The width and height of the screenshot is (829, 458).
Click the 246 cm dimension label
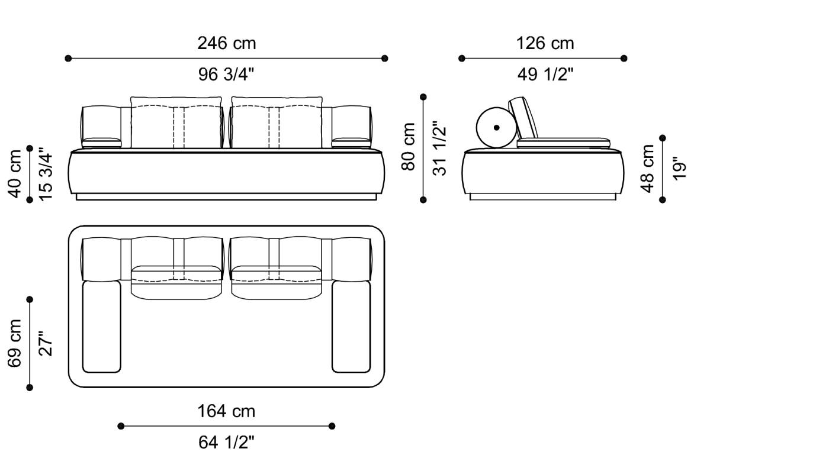[226, 43]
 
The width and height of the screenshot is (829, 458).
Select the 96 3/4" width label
[226, 75]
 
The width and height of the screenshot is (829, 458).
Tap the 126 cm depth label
[545, 43]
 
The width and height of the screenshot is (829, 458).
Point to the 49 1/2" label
[545, 75]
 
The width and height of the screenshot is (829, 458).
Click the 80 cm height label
[409, 147]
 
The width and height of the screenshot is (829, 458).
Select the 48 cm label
[648, 169]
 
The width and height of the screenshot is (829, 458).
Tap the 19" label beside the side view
[679, 169]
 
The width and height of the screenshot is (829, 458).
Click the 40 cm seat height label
[15, 173]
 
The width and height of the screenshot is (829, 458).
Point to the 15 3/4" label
[46, 174]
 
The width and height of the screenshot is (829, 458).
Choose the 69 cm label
[15, 343]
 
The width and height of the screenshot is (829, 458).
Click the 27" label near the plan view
[46, 343]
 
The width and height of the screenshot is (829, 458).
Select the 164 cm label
[226, 411]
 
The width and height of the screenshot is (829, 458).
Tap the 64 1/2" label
[226, 442]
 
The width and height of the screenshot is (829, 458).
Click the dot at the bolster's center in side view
[496, 127]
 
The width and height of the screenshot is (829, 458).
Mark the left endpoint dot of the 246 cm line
[68, 59]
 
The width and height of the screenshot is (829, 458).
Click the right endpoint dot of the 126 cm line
[624, 58]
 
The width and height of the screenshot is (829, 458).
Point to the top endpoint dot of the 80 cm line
[423, 96]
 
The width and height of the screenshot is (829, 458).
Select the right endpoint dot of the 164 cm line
[332, 426]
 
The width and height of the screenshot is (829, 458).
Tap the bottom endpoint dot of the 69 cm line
[30, 388]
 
